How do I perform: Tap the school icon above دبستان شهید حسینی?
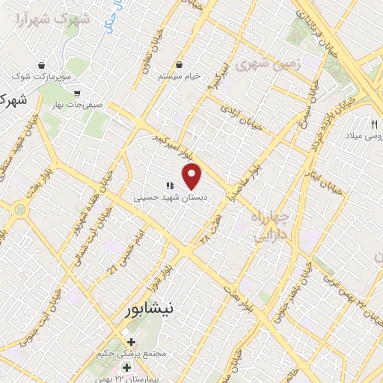pyautogui.click(x=170, y=186)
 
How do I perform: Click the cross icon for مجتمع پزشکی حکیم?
pyautogui.click(x=132, y=341)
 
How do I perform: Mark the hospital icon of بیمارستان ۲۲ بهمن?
pyautogui.click(x=126, y=367)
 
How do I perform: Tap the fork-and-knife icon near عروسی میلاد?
pyautogui.click(x=374, y=123)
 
